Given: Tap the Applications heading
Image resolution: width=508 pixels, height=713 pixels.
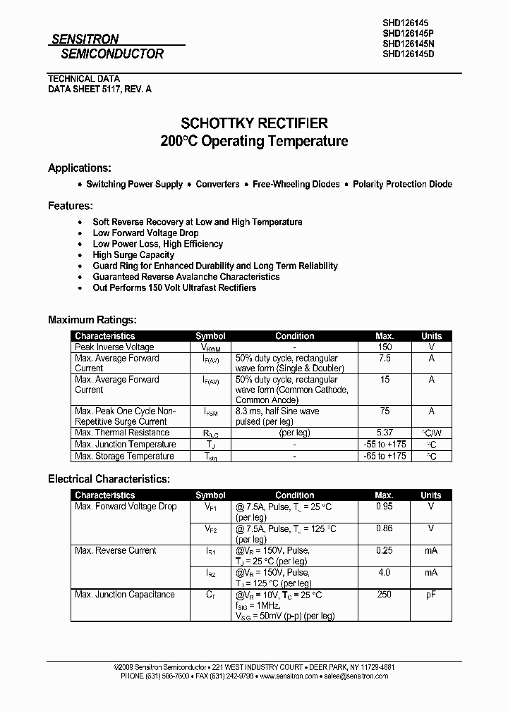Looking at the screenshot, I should coord(80,168).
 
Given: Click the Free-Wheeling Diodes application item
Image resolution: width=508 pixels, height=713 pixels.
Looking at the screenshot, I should coord(296,184).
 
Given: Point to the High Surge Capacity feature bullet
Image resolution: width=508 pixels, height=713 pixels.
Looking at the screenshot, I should coord(133,255).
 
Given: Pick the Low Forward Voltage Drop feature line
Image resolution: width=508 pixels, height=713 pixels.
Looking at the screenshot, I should coord(145,232).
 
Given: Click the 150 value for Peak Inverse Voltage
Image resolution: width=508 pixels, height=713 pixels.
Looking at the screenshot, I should coord(384,347).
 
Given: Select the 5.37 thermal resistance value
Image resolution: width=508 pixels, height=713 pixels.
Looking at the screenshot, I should coord(385,433).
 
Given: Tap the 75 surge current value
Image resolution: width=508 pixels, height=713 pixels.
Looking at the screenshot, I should coord(384,411).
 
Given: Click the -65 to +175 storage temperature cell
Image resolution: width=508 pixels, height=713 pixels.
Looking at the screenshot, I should coord(385,456).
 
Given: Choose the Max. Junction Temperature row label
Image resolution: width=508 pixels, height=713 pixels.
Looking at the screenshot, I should coord(125,445).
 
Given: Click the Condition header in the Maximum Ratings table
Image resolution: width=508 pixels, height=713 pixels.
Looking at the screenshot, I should coord(294,336).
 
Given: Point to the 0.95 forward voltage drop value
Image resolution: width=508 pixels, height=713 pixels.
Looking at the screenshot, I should coord(384,507).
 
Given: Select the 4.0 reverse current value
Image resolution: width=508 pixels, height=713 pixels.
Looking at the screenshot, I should coord(384,572).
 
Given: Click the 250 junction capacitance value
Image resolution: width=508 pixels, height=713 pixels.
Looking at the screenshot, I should coord(384,595).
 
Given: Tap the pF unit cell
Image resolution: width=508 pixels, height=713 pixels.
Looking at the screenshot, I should coord(431,595).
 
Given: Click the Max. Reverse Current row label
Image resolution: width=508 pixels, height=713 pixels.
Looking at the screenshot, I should coord(115,551).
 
